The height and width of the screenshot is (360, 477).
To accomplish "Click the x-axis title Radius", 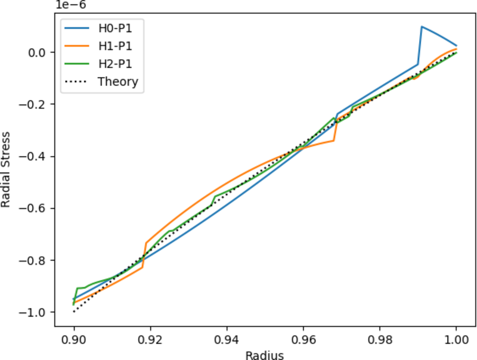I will tap(264, 355).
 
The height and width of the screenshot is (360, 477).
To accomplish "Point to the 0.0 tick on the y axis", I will tap(39, 52).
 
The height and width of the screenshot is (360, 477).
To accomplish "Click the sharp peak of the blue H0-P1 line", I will tap(422, 26).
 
